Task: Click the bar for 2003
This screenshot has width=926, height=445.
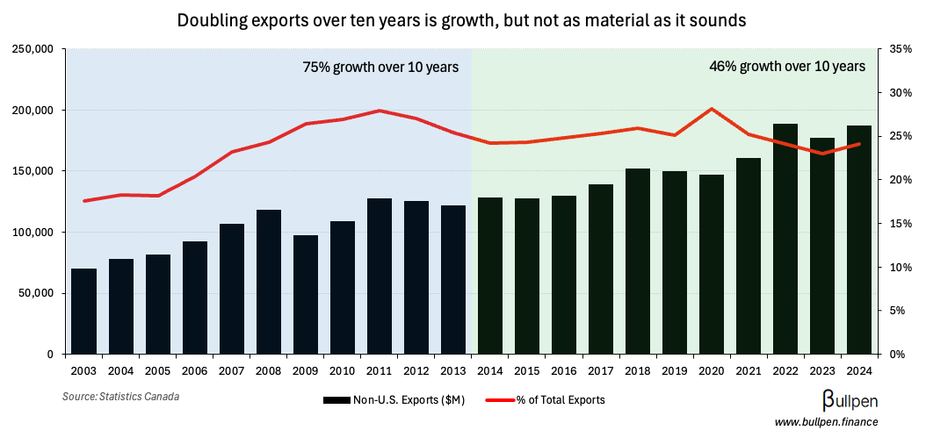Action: tap(84, 312)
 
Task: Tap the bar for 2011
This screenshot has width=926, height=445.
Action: tap(380, 276)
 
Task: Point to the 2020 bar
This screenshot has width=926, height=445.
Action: tap(711, 264)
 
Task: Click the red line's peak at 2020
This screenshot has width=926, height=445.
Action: tap(711, 109)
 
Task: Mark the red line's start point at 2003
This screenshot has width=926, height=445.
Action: tap(84, 201)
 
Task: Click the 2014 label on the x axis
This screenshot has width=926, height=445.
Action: tap(490, 370)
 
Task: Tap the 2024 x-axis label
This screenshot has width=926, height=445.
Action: tap(858, 370)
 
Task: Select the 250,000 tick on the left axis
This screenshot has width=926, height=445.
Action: tap(32, 49)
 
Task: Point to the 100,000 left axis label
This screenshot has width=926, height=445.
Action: tap(32, 233)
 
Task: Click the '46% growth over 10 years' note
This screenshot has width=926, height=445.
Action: tap(787, 67)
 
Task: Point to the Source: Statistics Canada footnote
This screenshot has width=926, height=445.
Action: tap(120, 397)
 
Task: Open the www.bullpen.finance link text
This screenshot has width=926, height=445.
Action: tap(826, 423)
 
